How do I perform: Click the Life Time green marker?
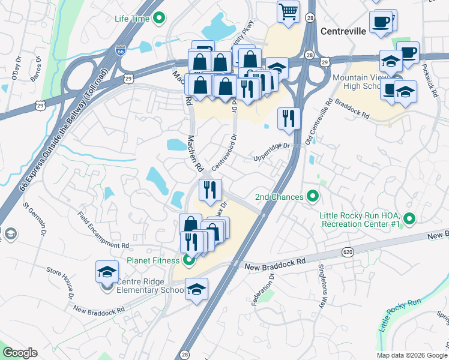[158, 19]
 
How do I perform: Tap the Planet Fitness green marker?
[188, 260]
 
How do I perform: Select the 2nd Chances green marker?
[312, 196]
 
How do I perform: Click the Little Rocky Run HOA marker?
[410, 219]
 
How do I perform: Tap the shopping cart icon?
[289, 11]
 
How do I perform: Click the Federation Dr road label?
[264, 290]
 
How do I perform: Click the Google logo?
[20, 353]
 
